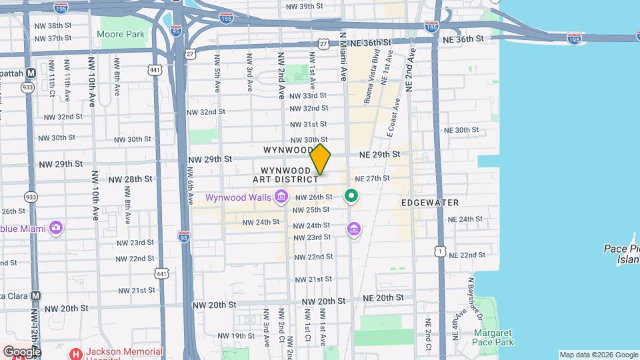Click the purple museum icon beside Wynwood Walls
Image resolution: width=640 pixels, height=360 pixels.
281,197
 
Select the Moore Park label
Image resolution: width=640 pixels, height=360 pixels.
121,34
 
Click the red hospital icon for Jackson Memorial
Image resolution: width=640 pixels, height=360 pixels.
77,353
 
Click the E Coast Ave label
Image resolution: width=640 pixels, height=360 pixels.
393,118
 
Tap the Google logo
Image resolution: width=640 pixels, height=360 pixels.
21,351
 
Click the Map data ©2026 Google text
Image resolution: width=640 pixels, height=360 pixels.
598,355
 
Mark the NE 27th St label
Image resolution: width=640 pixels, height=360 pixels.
372,179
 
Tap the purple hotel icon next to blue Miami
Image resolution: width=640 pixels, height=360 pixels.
56,229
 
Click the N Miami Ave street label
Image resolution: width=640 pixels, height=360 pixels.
344,57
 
